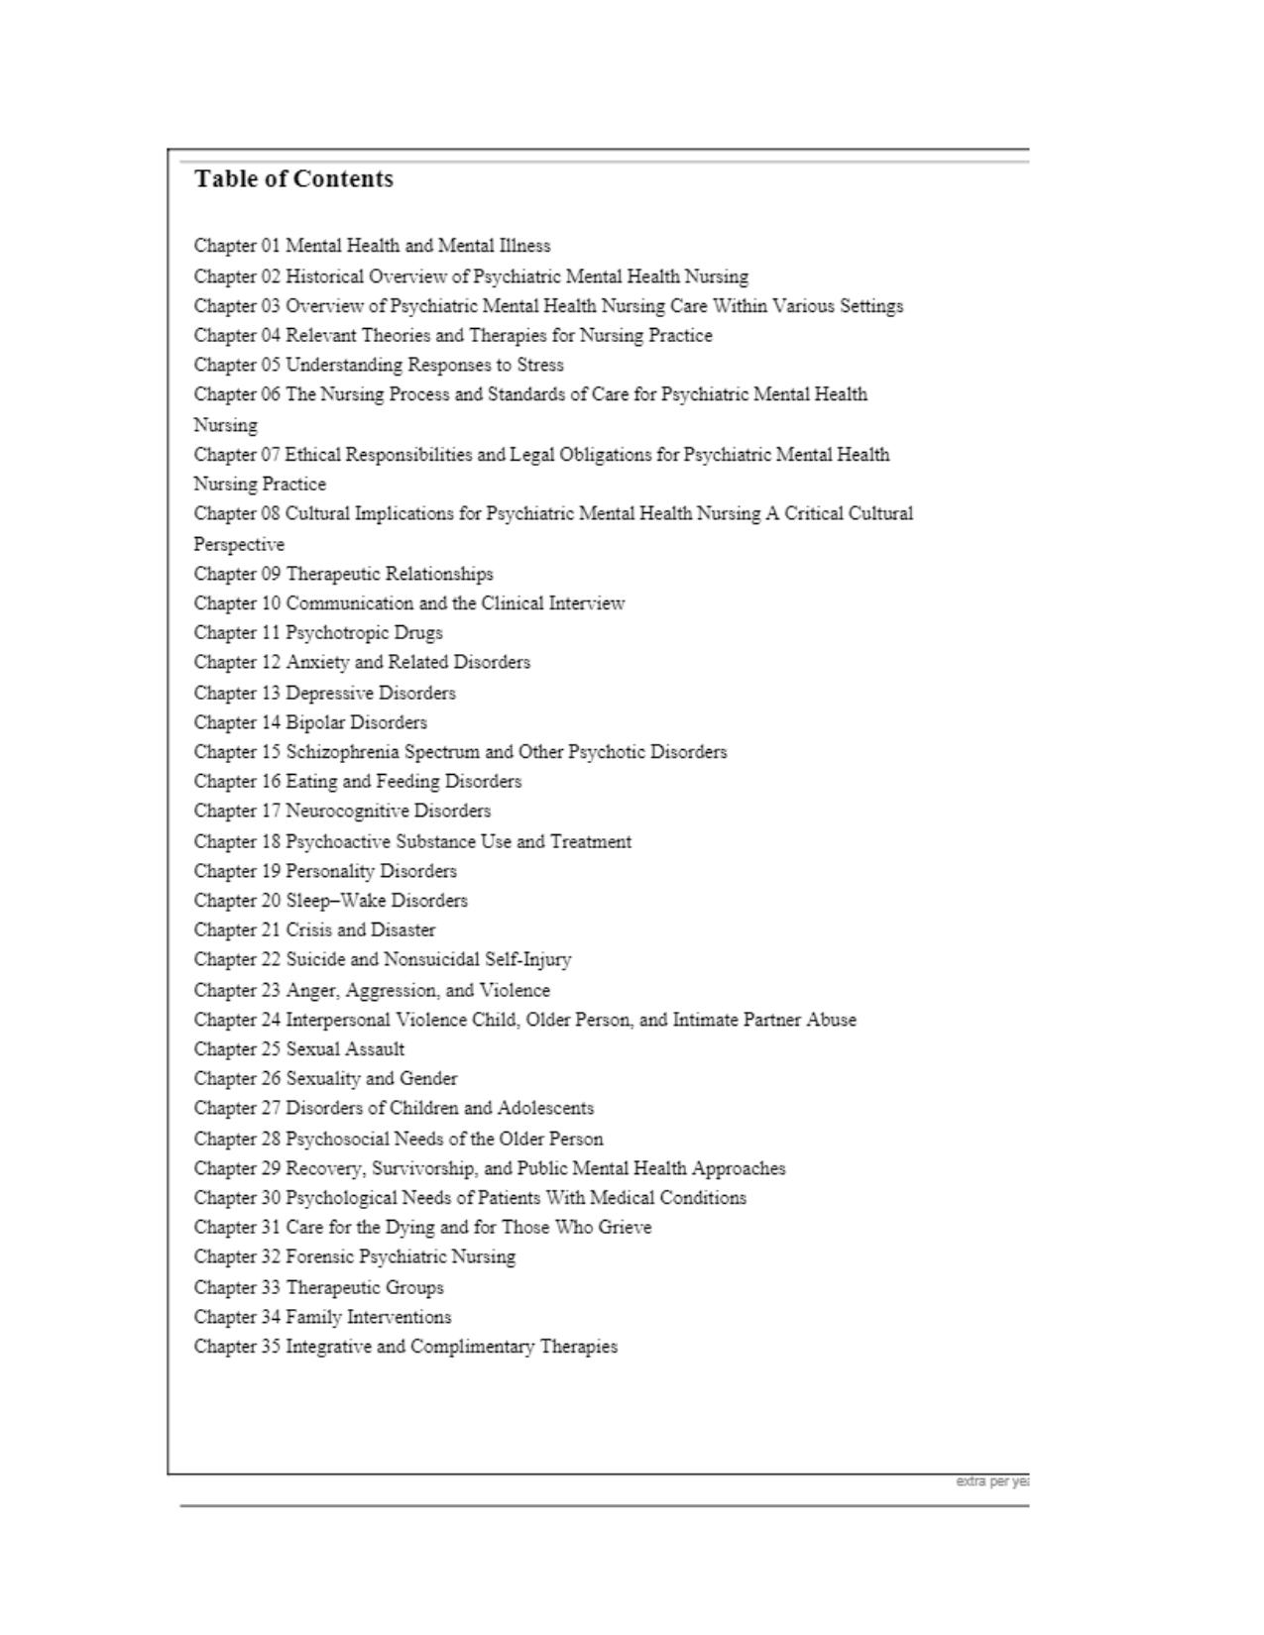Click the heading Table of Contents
(293, 179)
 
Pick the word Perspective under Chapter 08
(239, 545)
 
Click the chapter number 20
(271, 901)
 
